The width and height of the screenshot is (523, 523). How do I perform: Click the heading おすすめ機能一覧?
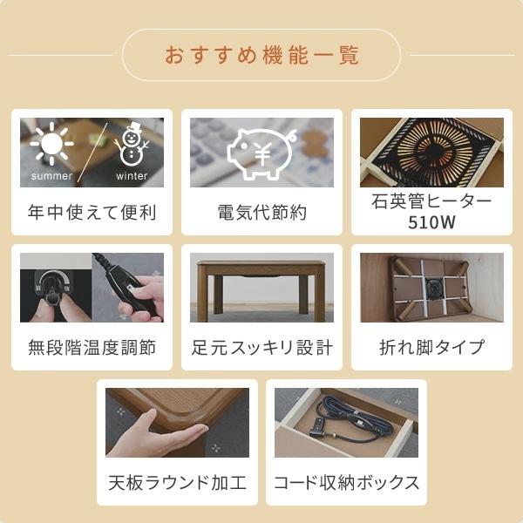click(x=261, y=55)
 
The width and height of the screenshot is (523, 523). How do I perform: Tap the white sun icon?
click(x=52, y=145)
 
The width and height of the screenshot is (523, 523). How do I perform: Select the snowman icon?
click(x=132, y=144)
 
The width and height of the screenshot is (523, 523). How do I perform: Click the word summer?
click(x=52, y=176)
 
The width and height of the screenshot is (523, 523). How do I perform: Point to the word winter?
click(x=132, y=176)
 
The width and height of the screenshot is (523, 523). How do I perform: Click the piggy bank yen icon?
click(x=261, y=152)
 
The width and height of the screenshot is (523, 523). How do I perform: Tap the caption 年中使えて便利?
click(x=92, y=212)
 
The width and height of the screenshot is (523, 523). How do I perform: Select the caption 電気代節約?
click(x=261, y=212)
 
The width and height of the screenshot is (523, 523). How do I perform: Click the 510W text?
click(x=431, y=221)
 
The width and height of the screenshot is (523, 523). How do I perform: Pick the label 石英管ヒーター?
click(x=431, y=201)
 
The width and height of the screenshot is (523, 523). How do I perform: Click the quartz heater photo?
click(x=431, y=152)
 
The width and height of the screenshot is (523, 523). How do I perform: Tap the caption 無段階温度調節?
click(x=92, y=348)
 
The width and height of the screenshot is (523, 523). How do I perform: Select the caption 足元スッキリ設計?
click(x=261, y=348)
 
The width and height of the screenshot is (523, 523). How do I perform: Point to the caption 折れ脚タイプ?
click(x=431, y=348)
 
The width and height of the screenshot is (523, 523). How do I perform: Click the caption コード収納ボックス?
click(x=346, y=483)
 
